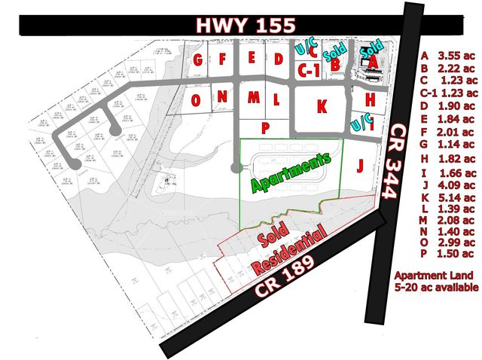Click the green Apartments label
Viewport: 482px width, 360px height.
291,172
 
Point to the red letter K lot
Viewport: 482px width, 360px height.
322,106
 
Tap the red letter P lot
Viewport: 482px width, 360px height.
265,127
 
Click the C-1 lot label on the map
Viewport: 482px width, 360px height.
306,72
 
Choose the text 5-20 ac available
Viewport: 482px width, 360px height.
437,288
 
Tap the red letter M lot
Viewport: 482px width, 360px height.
254,98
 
